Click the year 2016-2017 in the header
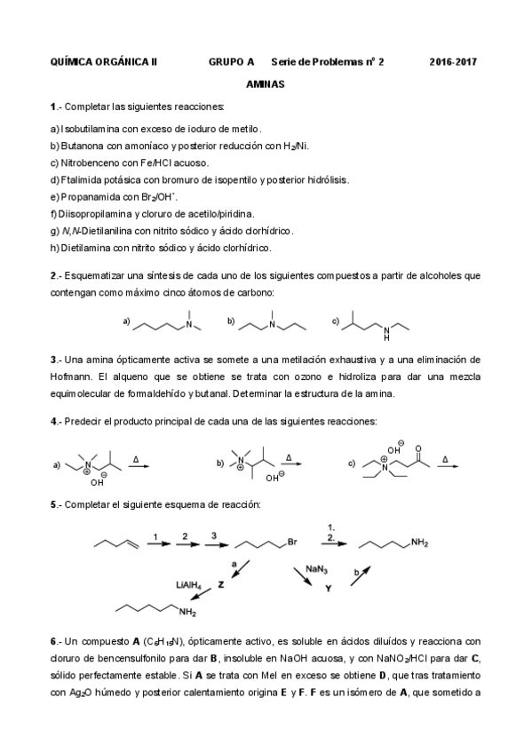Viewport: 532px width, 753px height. pos(454,61)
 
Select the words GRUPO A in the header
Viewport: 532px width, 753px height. pos(231,61)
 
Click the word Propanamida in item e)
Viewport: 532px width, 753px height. pos(85,196)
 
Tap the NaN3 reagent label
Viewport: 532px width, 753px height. pos(314,567)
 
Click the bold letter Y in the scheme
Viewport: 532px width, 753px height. pos(327,587)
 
